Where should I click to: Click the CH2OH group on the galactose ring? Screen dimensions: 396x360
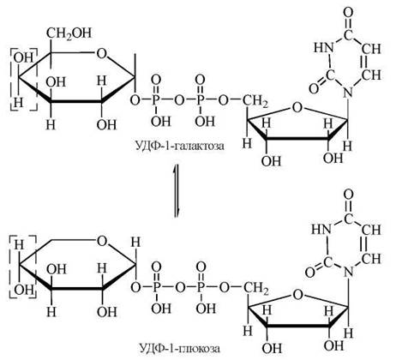[69, 33]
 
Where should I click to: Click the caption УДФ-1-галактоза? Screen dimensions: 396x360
[179, 146]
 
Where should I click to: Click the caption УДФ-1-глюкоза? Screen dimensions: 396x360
[179, 348]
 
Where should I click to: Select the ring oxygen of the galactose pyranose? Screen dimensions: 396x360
[102, 53]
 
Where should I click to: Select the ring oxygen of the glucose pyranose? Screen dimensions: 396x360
[102, 241]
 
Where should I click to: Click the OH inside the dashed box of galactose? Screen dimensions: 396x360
[23, 58]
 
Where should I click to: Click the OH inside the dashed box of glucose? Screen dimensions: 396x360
[24, 290]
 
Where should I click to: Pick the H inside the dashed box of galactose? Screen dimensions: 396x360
[18, 102]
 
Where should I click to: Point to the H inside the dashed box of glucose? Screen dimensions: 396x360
[20, 245]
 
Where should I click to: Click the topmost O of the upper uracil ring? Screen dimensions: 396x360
[348, 12]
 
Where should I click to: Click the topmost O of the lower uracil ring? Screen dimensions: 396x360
[348, 195]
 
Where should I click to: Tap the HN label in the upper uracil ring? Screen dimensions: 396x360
[324, 47]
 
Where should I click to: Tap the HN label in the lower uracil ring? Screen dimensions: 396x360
[321, 229]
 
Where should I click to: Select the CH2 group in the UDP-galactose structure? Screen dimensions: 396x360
[255, 101]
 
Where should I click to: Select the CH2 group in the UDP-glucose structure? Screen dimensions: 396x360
[255, 289]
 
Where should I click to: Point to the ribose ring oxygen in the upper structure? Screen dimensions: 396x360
[297, 108]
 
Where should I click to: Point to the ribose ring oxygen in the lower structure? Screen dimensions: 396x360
[297, 295]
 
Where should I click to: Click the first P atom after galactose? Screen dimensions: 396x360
[156, 100]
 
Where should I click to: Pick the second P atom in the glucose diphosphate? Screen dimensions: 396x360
[201, 287]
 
